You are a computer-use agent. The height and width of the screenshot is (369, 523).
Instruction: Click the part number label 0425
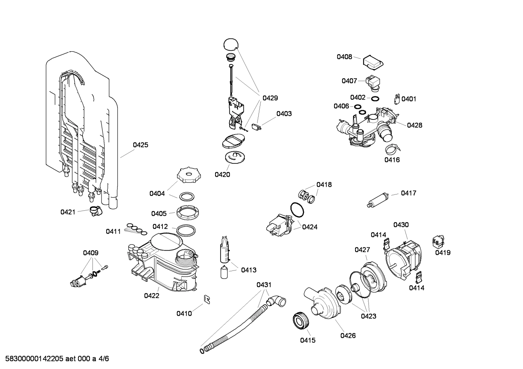pyautogui.click(x=140, y=145)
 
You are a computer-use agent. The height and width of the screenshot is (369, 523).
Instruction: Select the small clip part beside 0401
pyautogui.click(x=397, y=98)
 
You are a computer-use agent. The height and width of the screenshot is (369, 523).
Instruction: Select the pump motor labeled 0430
pyautogui.click(x=403, y=257)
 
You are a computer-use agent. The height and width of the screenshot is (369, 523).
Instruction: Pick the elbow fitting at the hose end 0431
pyautogui.click(x=277, y=301)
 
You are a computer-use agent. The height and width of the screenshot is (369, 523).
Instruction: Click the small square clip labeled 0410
pyautogui.click(x=207, y=299)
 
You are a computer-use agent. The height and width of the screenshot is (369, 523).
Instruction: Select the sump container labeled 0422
pyautogui.click(x=163, y=264)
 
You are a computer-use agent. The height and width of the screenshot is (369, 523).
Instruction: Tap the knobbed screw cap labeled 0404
pyautogui.click(x=188, y=175)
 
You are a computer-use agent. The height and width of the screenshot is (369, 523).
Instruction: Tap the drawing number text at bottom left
pyautogui.click(x=55, y=359)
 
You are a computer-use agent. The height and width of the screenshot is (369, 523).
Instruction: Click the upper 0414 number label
pyautogui.click(x=378, y=235)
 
